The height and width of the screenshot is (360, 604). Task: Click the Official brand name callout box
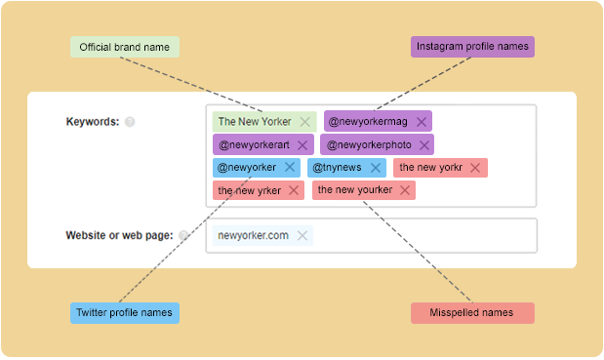pyautogui.click(x=124, y=47)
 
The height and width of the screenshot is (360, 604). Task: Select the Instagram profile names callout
pyautogui.click(x=473, y=47)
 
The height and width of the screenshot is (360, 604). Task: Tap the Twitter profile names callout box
pyautogui.click(x=124, y=313)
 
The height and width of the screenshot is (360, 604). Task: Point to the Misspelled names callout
pyautogui.click(x=473, y=313)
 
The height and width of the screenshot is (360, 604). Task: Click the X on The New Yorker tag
pyautogui.click(x=305, y=122)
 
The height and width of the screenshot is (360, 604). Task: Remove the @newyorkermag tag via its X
pyautogui.click(x=421, y=122)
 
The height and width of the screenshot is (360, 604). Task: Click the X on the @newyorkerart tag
pyautogui.click(x=302, y=145)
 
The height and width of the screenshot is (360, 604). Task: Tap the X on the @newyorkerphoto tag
pyautogui.click(x=423, y=145)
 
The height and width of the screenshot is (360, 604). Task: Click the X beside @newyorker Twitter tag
pyautogui.click(x=290, y=168)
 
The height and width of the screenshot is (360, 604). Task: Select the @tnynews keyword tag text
pyautogui.click(x=337, y=168)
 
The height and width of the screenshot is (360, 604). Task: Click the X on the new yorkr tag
pyautogui.click(x=475, y=168)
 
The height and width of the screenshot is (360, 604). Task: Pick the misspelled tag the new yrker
pyautogui.click(x=249, y=190)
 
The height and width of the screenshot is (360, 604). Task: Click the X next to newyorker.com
pyautogui.click(x=302, y=235)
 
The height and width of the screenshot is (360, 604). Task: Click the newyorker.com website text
pyautogui.click(x=254, y=235)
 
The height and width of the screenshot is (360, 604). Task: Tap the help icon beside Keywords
pyautogui.click(x=130, y=122)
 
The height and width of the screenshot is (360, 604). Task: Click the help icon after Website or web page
pyautogui.click(x=183, y=235)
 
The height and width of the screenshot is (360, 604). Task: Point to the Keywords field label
pyautogui.click(x=92, y=122)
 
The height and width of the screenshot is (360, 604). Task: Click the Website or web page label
pyautogui.click(x=118, y=235)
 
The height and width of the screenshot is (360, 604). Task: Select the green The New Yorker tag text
pyautogui.click(x=255, y=122)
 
